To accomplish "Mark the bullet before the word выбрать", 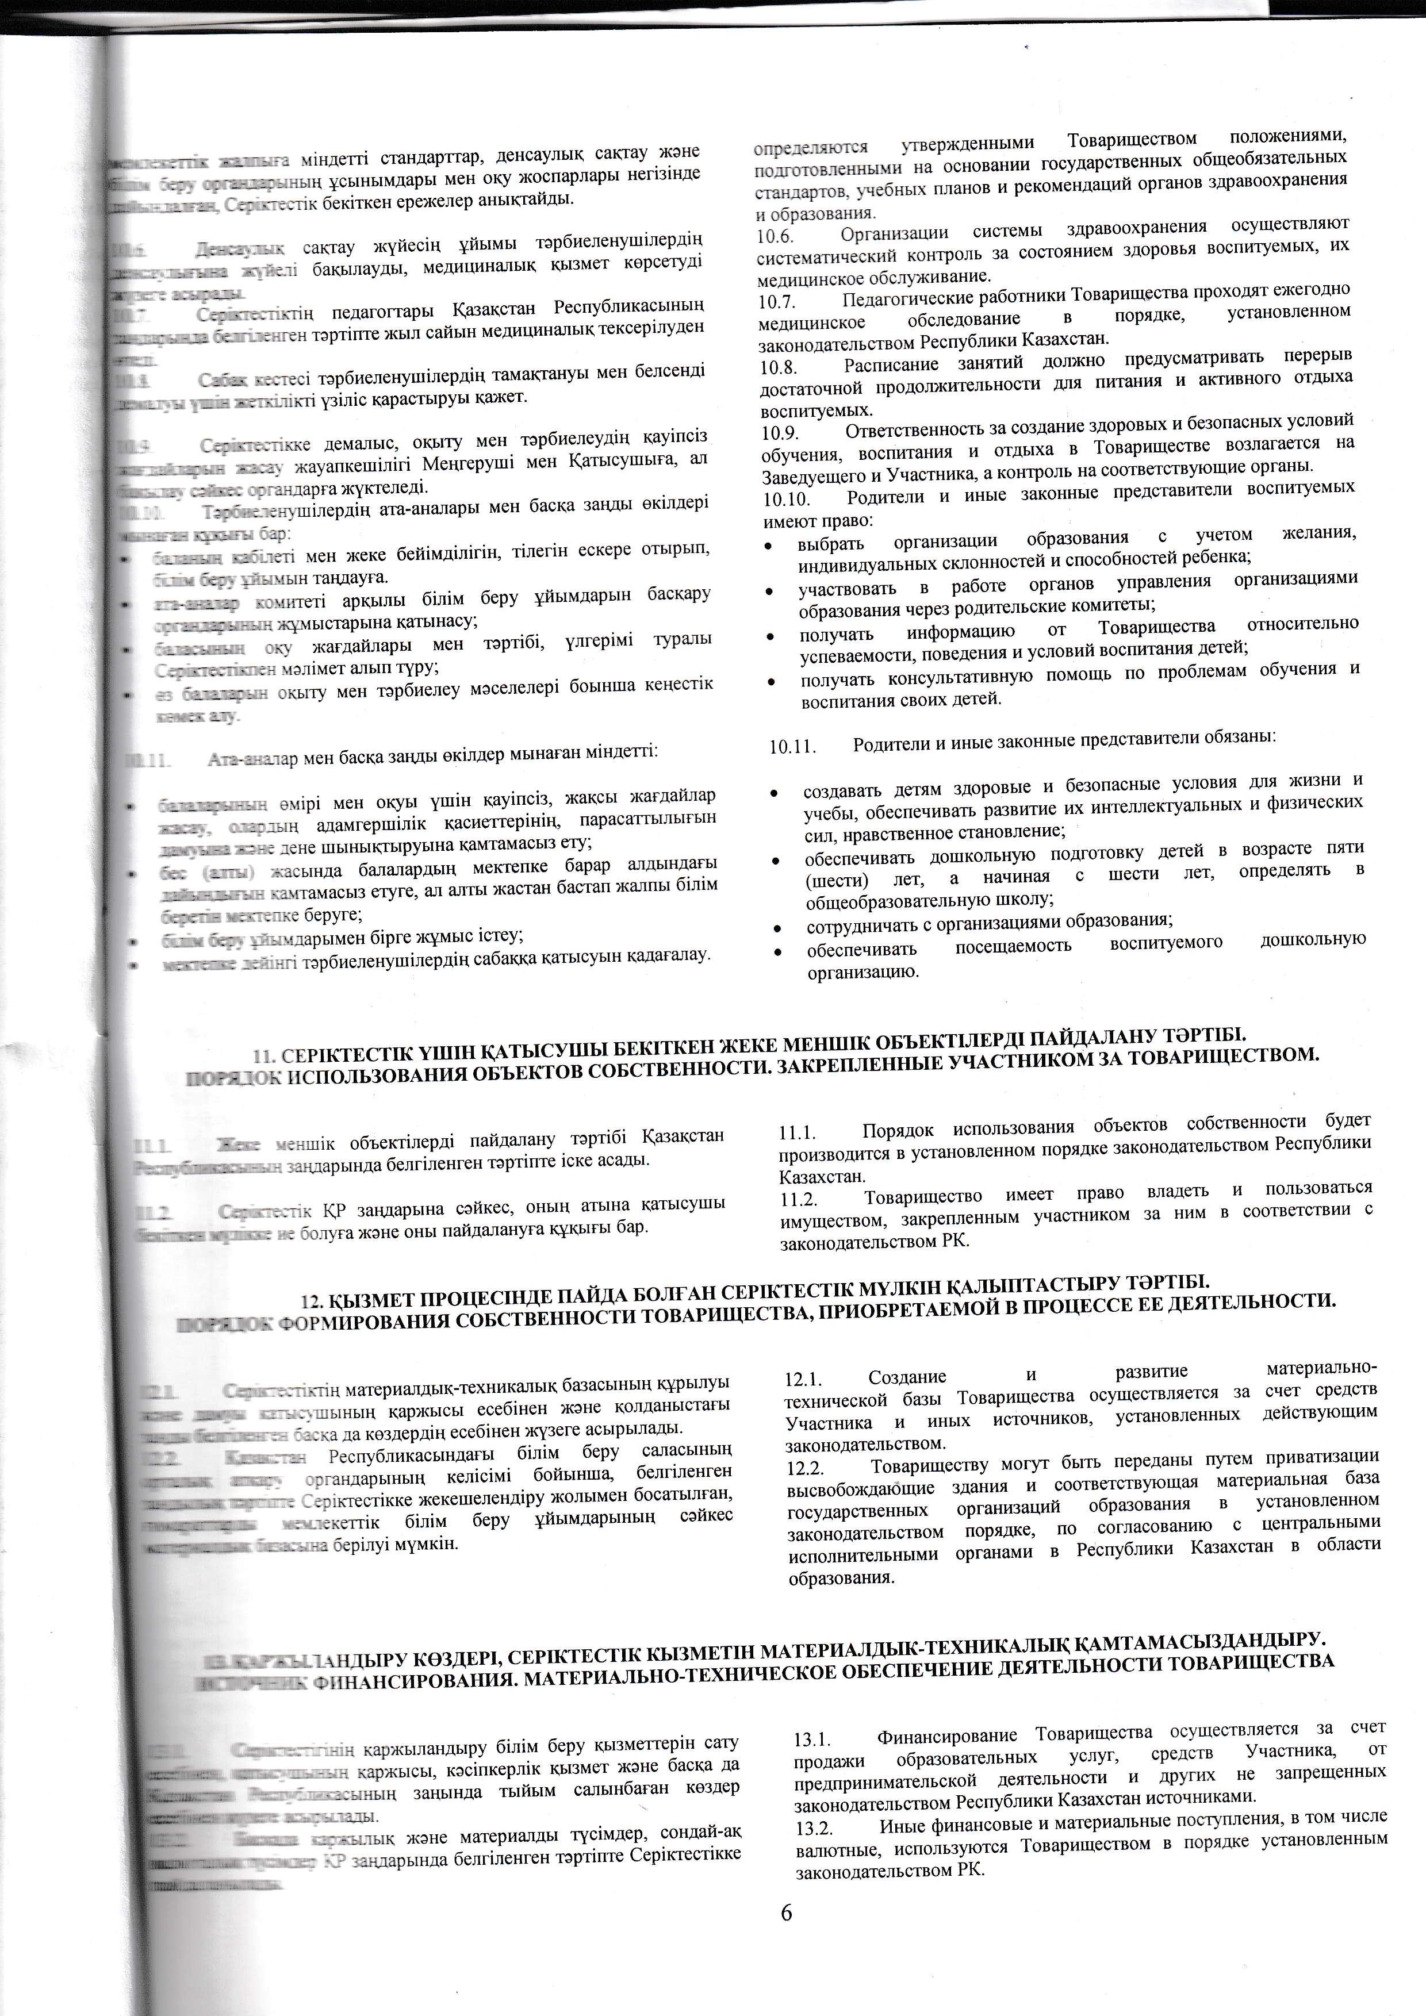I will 769,546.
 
